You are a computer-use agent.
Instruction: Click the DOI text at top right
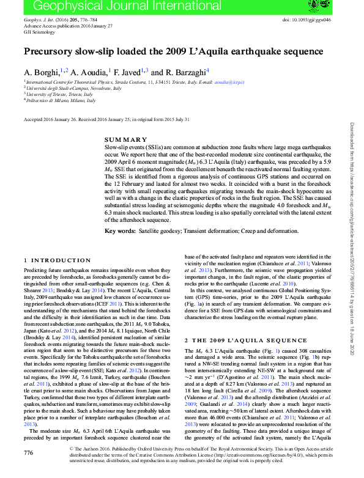(307, 20)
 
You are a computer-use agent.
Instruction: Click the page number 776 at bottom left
(28, 453)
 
